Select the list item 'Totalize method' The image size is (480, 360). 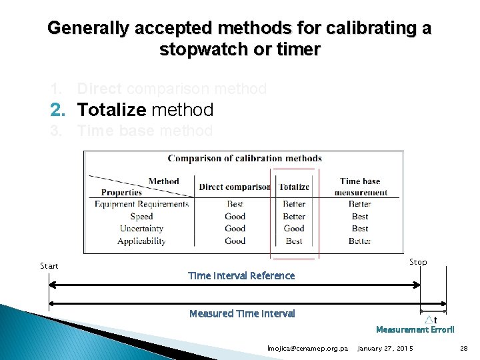point(145,109)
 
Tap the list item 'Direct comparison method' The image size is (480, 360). point(171,89)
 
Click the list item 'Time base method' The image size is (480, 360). point(145,131)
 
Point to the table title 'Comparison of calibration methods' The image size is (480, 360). point(245,159)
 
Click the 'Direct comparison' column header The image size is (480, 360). point(235,187)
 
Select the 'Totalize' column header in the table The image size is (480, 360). point(294,187)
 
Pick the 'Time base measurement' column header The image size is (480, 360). point(360,186)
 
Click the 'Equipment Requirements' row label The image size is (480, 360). point(141,204)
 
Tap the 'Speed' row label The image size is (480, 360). point(141,216)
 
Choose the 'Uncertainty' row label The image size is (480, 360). point(141,228)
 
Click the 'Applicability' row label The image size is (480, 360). point(141,241)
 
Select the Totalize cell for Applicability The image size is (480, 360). point(294,241)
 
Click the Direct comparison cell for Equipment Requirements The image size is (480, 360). point(235,204)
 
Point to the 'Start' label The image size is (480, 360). point(49,266)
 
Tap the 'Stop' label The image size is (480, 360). point(418,262)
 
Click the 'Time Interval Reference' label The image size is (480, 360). point(241,275)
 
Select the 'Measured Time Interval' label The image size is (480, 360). point(242,313)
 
